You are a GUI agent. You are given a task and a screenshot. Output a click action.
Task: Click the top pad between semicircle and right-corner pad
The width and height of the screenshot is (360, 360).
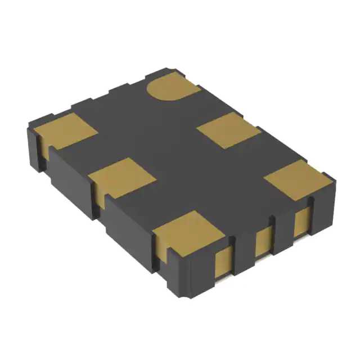[229, 130]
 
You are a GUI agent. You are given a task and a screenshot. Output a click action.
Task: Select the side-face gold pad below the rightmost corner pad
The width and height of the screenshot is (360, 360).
[303, 220]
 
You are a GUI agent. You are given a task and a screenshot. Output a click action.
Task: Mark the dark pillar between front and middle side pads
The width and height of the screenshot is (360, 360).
[244, 253]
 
